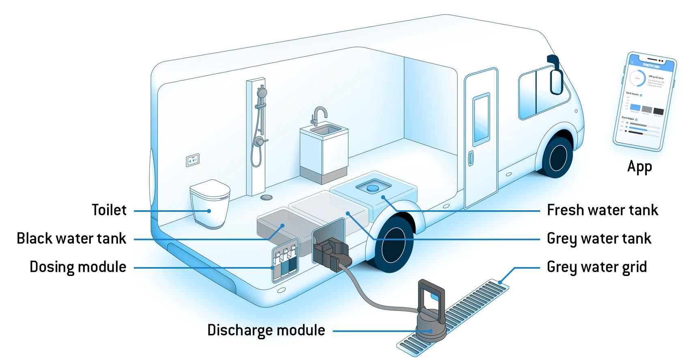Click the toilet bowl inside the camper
tap(210, 203)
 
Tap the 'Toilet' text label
tap(109, 210)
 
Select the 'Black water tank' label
tap(71, 238)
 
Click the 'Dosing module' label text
tap(78, 267)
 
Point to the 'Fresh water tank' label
tap(602, 210)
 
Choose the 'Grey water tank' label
tap(599, 238)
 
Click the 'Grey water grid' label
tap(597, 267)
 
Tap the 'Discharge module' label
tap(266, 330)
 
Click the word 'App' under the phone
tap(639, 166)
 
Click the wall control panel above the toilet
tap(193, 160)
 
